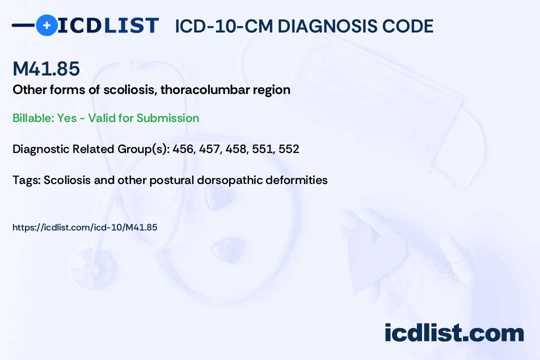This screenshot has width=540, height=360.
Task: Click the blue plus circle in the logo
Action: (x=46, y=25)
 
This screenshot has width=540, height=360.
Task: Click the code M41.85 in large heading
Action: (x=46, y=68)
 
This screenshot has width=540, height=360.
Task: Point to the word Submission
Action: (x=167, y=118)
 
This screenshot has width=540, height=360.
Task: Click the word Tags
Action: (x=26, y=180)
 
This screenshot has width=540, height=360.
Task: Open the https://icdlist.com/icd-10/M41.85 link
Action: (x=84, y=227)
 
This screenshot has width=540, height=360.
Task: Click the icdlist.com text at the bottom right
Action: (x=454, y=333)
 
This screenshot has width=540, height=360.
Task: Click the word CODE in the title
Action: (x=403, y=26)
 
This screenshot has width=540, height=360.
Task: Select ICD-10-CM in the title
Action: (x=224, y=26)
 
